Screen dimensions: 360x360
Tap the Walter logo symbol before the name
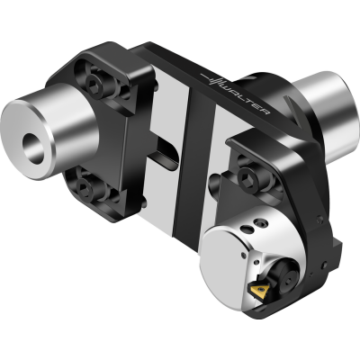[212, 78]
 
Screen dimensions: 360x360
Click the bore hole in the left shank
[33, 148]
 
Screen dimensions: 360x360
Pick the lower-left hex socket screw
[83, 188]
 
